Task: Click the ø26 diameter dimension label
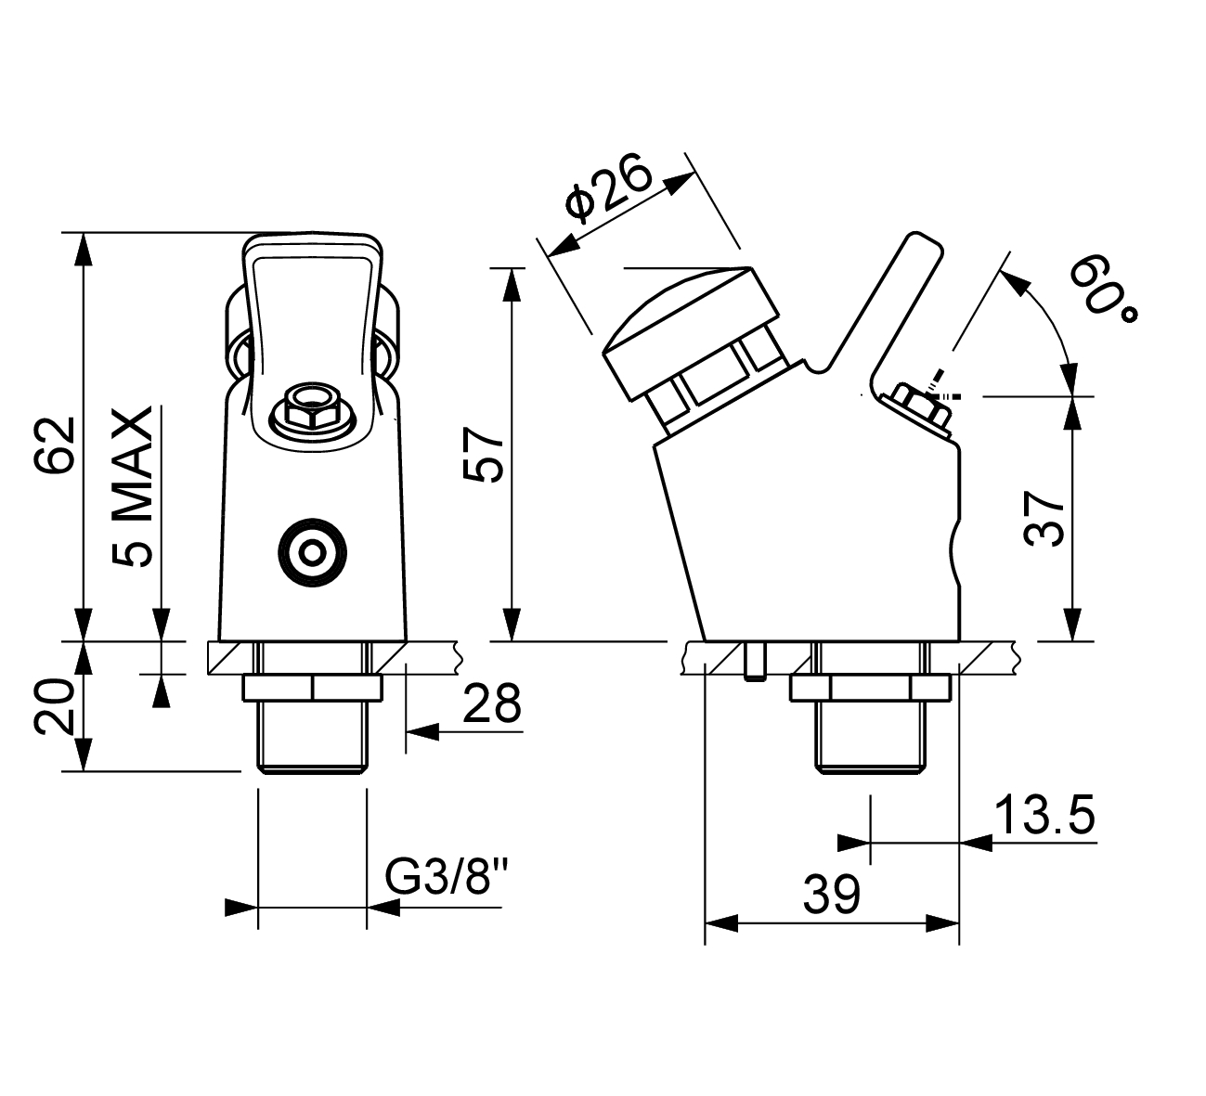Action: [608, 188]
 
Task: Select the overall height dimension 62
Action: [57, 445]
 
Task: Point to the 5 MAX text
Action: [132, 487]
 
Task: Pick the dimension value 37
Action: [1044, 518]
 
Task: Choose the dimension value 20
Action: [55, 707]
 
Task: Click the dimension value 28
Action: [491, 703]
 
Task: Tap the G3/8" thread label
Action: [446, 877]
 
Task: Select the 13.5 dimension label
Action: [1044, 815]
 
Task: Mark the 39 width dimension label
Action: [832, 894]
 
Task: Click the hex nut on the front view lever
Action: [312, 408]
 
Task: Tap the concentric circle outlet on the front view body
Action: [313, 552]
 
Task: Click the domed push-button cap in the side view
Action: [692, 334]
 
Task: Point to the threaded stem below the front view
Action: [313, 737]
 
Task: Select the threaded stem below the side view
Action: [871, 737]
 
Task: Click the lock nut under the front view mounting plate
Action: [313, 688]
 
